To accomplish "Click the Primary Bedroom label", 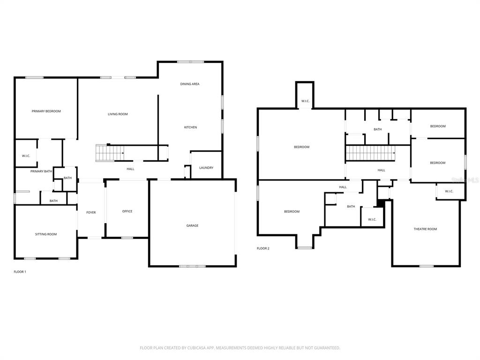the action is (x=46, y=111).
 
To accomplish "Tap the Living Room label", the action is (x=118, y=114).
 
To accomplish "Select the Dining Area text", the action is (x=190, y=84).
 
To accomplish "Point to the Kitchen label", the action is (x=190, y=127).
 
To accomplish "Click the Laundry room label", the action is (x=206, y=168).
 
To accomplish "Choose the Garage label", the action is (x=192, y=225).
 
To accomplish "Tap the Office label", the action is (x=127, y=211).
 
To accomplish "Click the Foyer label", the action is (x=91, y=212).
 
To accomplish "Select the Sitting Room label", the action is (x=46, y=234).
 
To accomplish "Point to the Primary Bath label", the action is (x=41, y=172).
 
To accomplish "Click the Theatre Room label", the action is (x=425, y=229).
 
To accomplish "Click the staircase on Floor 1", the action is (x=110, y=153).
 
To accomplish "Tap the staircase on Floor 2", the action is (x=370, y=153).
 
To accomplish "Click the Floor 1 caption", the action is (x=20, y=272).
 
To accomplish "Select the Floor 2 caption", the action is (x=263, y=248).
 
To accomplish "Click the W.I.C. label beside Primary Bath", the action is (x=26, y=156).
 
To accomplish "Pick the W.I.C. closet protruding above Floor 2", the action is (x=305, y=95).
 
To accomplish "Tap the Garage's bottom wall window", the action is (x=192, y=266).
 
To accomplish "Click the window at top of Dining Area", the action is (x=190, y=62).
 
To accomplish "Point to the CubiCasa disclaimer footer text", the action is (x=240, y=348).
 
